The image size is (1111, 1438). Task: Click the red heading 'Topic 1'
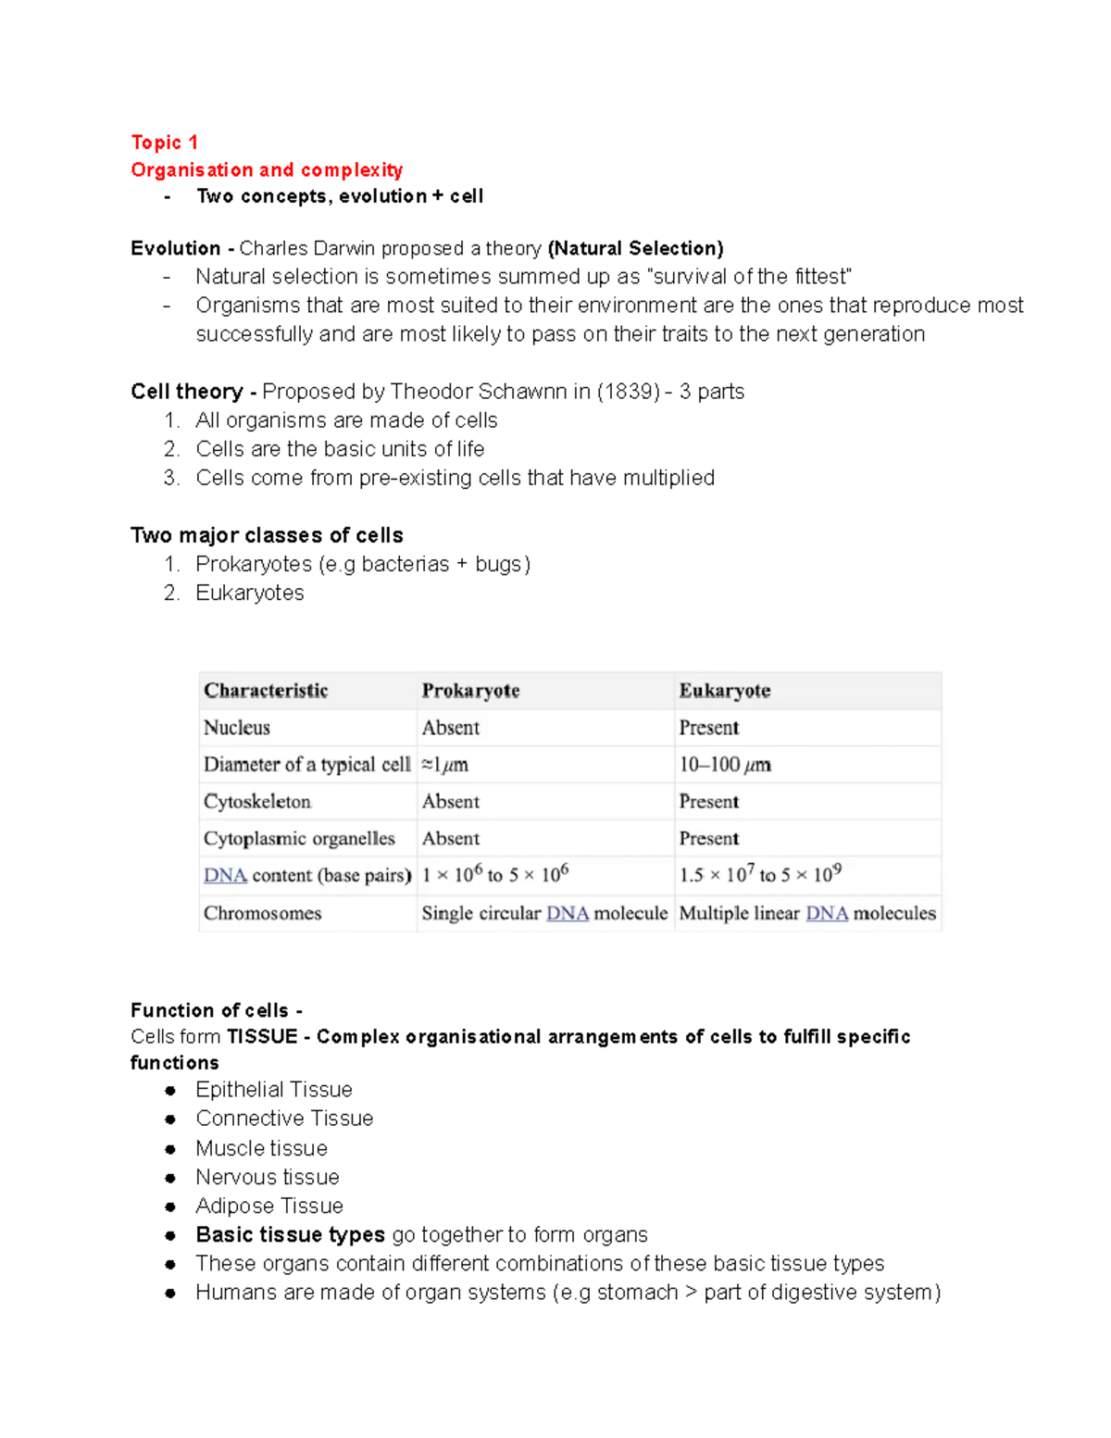click(x=164, y=143)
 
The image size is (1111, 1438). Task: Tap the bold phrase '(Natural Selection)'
click(x=635, y=248)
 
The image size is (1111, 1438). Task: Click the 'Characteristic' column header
click(x=266, y=691)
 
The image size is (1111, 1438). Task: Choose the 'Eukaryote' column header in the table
click(x=725, y=691)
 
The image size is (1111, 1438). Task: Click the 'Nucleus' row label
click(x=237, y=728)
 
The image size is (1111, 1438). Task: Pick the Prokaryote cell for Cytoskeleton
click(x=451, y=802)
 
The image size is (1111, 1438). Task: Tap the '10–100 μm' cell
click(x=725, y=765)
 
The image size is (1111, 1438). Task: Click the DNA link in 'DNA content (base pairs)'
click(x=225, y=876)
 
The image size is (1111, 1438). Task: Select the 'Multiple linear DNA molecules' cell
click(x=807, y=913)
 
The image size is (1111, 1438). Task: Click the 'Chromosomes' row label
click(x=263, y=913)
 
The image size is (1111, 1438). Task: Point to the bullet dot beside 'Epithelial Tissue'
click(x=170, y=1090)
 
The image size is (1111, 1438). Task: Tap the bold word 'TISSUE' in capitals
click(x=262, y=1037)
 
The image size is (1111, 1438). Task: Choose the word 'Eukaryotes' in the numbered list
click(x=250, y=593)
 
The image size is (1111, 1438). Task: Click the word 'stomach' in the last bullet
click(x=637, y=1292)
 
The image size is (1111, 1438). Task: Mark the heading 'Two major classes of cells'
click(x=267, y=535)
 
